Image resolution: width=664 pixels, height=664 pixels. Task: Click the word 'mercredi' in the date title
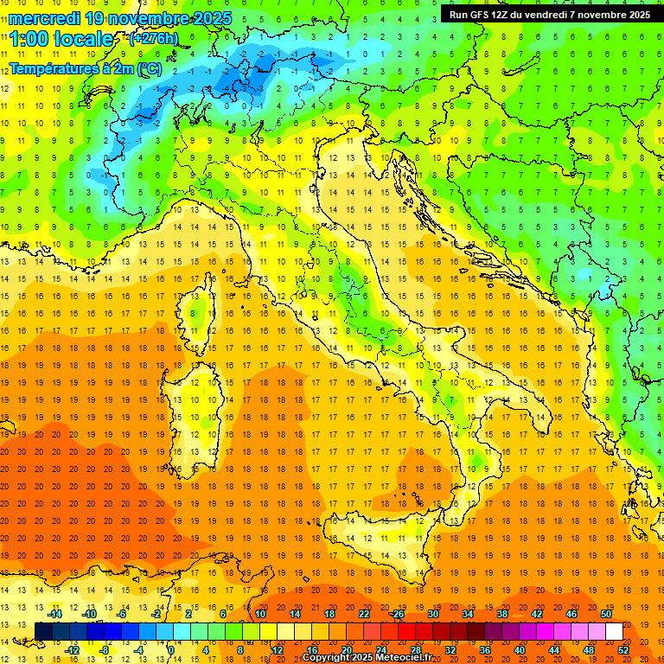point(45,18)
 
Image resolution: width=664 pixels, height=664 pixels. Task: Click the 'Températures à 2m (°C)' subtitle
point(85,68)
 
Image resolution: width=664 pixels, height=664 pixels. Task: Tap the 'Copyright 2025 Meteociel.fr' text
point(367,658)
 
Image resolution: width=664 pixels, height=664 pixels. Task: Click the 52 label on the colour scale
point(623,649)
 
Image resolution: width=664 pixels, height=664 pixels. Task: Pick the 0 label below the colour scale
point(171,649)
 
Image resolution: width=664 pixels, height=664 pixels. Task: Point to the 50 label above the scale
point(606,614)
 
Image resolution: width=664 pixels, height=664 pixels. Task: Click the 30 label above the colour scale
point(432,614)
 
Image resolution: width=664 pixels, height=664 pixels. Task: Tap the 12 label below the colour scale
point(278,649)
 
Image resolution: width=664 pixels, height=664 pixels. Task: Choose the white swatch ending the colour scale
point(614,631)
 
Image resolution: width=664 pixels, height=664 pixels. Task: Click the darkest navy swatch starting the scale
point(43,631)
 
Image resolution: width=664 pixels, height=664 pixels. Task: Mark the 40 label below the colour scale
point(520,649)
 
